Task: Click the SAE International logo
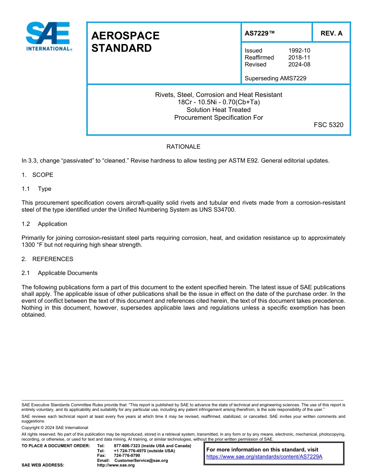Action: click(48, 36)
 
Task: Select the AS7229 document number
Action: click(260, 33)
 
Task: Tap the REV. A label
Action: click(331, 33)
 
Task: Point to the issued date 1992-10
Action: click(299, 51)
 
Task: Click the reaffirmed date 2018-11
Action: click(299, 58)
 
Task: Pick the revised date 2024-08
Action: click(299, 64)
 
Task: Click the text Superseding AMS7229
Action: click(275, 78)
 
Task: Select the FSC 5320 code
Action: click(328, 125)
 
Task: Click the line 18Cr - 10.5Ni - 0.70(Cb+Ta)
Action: click(219, 102)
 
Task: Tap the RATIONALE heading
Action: click(183, 147)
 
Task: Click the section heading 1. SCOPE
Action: click(37, 175)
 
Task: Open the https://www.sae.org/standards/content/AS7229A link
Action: click(264, 456)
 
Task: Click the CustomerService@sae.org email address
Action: click(141, 460)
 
